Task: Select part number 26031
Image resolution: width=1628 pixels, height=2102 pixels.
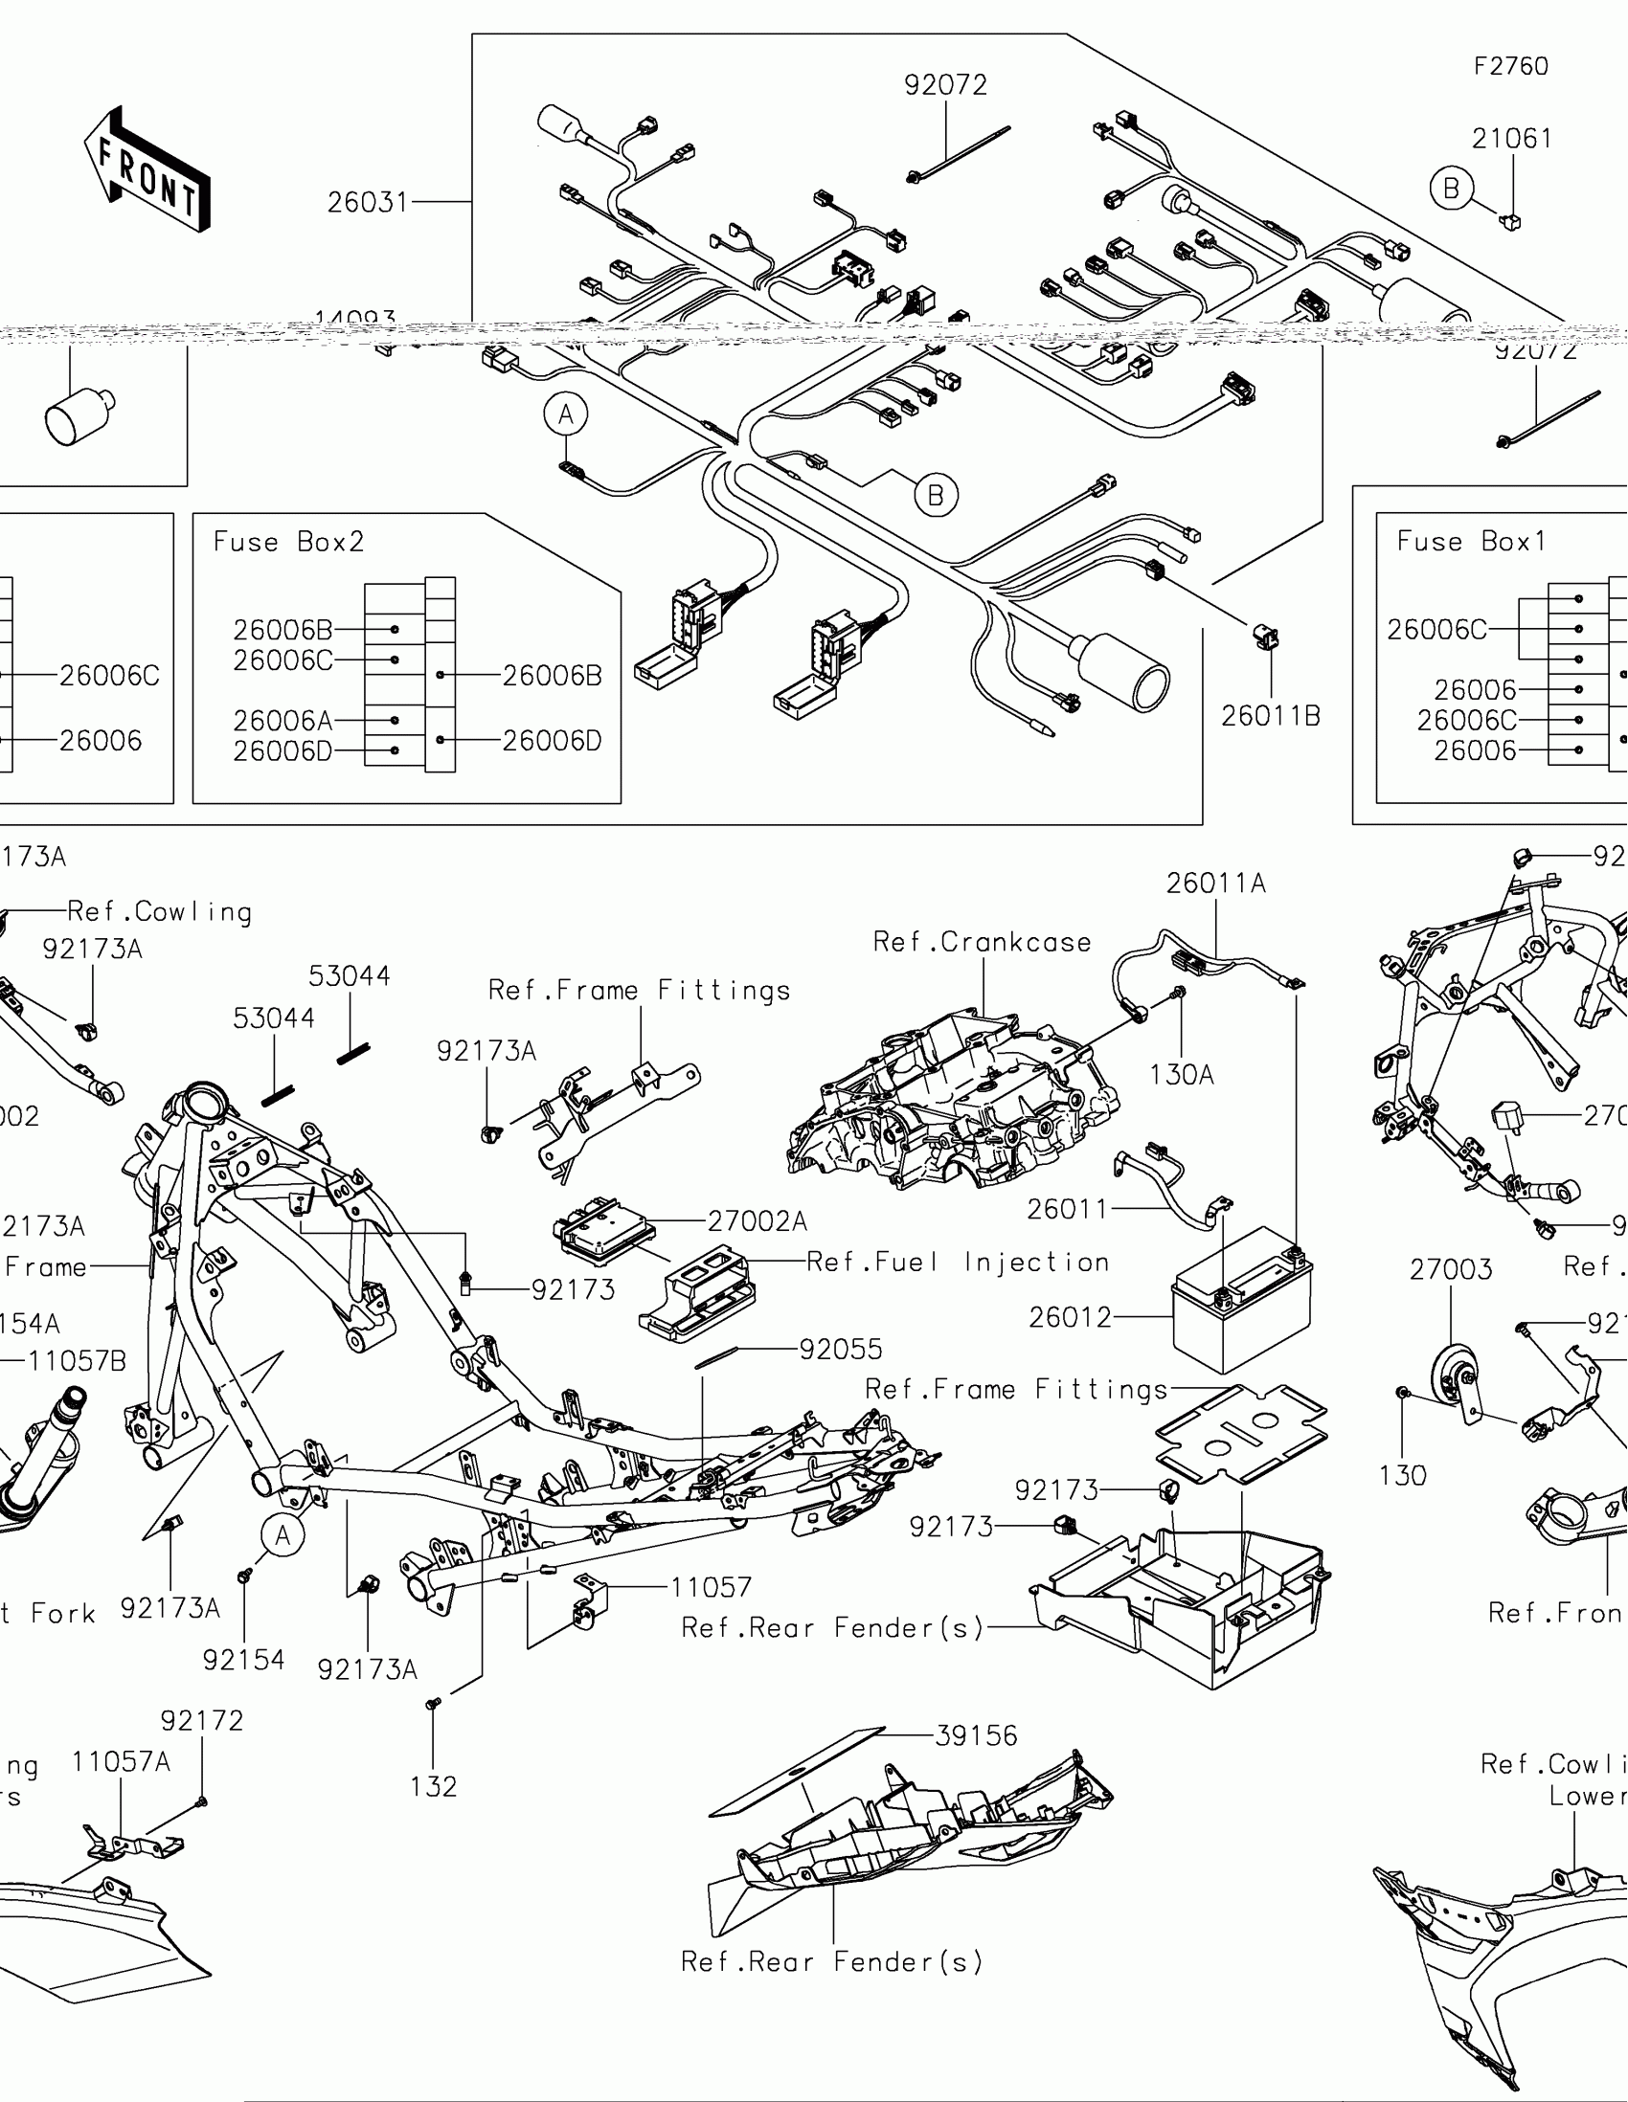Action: (368, 203)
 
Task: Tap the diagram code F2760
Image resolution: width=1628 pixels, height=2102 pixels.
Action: (1510, 66)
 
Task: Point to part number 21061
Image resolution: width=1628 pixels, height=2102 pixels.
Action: (1511, 140)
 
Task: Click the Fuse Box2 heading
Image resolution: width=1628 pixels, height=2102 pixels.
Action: (289, 542)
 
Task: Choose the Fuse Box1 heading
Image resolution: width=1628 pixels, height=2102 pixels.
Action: (1471, 542)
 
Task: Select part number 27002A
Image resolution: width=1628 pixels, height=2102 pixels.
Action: (757, 1221)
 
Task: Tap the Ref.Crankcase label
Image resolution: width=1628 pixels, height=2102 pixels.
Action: (982, 942)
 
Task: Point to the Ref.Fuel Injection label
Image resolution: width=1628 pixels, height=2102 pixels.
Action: (957, 1262)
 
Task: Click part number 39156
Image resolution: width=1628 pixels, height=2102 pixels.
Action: (976, 1735)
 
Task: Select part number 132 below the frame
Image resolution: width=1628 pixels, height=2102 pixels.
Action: (433, 1787)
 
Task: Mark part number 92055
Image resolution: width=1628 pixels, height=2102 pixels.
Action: (841, 1350)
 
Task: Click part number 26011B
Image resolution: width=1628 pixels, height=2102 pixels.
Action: (1271, 716)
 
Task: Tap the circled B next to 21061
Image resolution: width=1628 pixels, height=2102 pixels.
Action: (1451, 188)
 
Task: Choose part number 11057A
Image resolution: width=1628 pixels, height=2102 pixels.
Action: (121, 1762)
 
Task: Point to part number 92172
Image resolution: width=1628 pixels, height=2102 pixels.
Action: (202, 1721)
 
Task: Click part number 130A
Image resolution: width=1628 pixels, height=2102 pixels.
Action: (1182, 1075)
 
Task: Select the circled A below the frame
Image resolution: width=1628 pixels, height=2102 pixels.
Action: (283, 1535)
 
